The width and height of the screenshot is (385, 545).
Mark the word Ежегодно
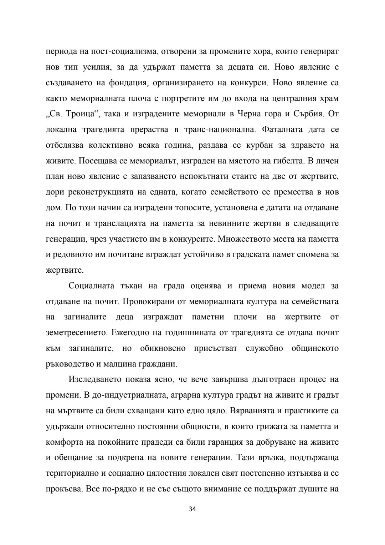(126, 333)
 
